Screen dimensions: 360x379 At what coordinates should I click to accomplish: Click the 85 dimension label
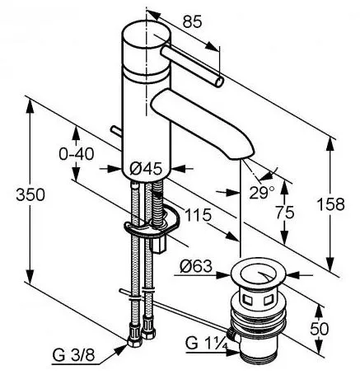[193, 21]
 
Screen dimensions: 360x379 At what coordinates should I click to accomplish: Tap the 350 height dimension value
[30, 195]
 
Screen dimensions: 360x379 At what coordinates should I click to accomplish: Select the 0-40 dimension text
[77, 154]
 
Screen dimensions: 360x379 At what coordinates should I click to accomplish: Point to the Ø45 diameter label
[146, 169]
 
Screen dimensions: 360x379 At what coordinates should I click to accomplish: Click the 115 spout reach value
[199, 215]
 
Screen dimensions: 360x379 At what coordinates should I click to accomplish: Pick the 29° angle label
[262, 193]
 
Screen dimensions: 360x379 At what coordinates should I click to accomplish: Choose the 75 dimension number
[285, 213]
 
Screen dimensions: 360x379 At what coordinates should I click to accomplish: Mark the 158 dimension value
[330, 204]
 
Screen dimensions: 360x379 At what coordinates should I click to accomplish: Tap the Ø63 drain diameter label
[196, 266]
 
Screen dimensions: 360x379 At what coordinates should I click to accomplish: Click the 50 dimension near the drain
[320, 329]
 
